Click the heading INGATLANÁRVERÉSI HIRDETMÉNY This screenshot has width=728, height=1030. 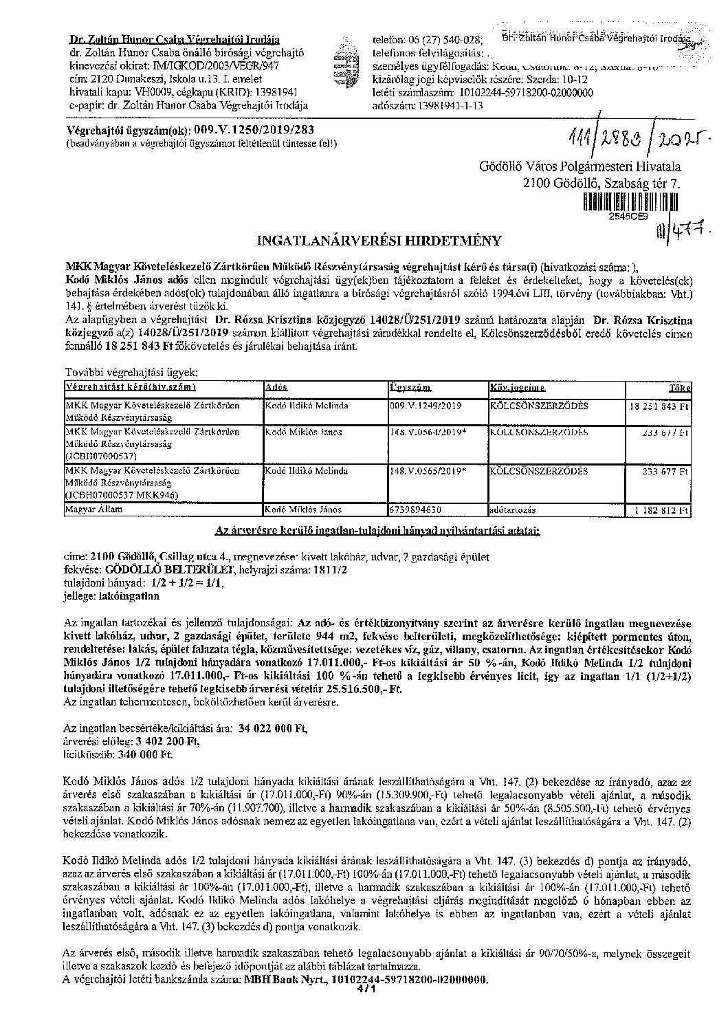click(379, 241)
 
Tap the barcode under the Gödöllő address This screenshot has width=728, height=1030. click(630, 201)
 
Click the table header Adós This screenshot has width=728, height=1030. click(276, 387)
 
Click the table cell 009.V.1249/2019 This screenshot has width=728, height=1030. click(426, 406)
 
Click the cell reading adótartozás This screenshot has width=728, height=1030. click(512, 511)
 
